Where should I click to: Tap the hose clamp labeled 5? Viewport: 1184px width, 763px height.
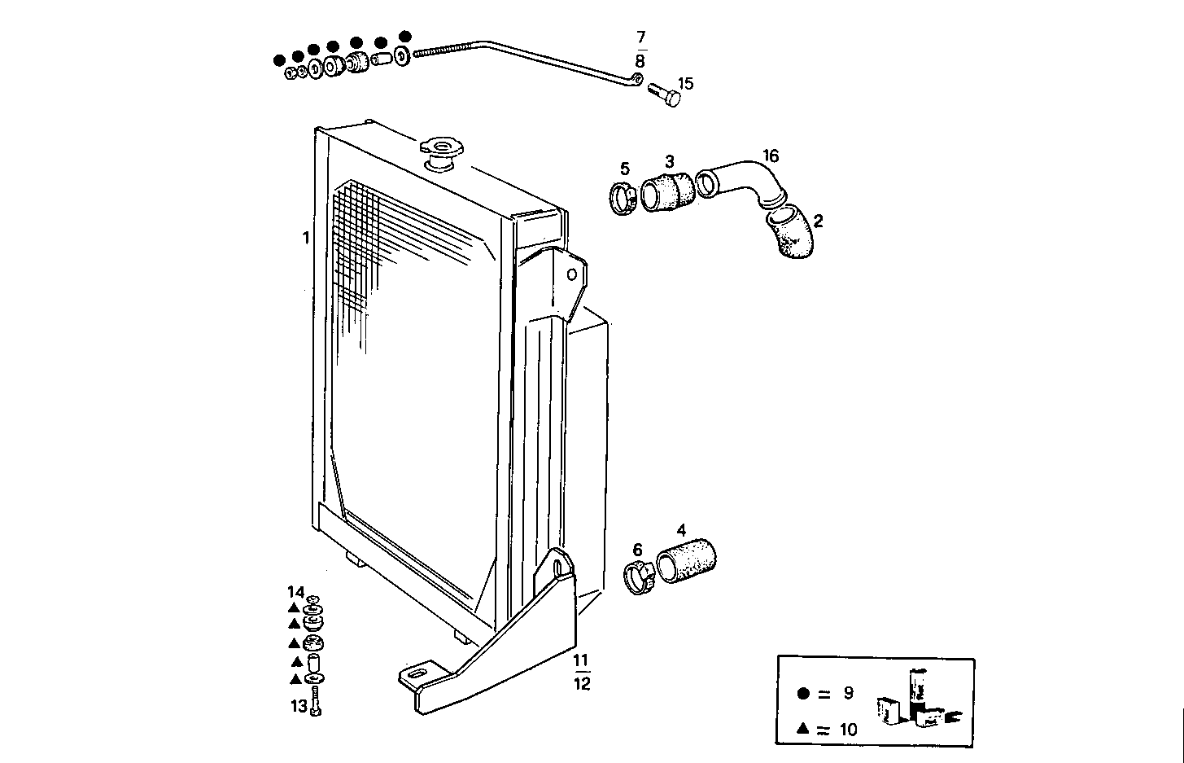pos(624,197)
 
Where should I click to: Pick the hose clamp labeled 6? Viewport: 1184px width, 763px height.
pos(640,577)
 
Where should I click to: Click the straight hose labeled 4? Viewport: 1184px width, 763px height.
pos(686,559)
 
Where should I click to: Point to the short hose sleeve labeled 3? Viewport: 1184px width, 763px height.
pos(667,191)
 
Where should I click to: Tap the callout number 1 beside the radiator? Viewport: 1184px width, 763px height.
pos(306,239)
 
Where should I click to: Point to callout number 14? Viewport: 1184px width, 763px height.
pos(295,591)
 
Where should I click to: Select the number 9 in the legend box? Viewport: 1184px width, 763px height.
pos(848,693)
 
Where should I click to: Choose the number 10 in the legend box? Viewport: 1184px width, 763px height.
pos(848,729)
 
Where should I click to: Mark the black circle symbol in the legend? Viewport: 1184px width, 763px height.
pos(803,694)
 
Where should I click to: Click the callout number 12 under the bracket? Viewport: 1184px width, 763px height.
pos(581,684)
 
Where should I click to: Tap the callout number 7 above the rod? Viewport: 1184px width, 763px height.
pos(640,37)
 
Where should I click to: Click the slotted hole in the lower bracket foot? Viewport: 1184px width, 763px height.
pos(417,674)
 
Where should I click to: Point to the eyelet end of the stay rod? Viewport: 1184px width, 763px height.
pos(637,79)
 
